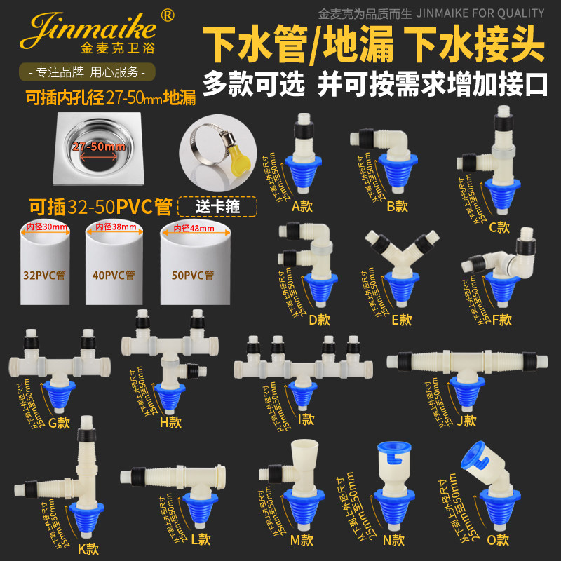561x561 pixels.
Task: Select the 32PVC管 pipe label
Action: click(x=43, y=275)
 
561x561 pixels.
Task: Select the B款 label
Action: click(x=397, y=205)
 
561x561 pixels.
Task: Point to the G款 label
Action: click(x=60, y=423)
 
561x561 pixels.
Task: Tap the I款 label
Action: click(x=306, y=420)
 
